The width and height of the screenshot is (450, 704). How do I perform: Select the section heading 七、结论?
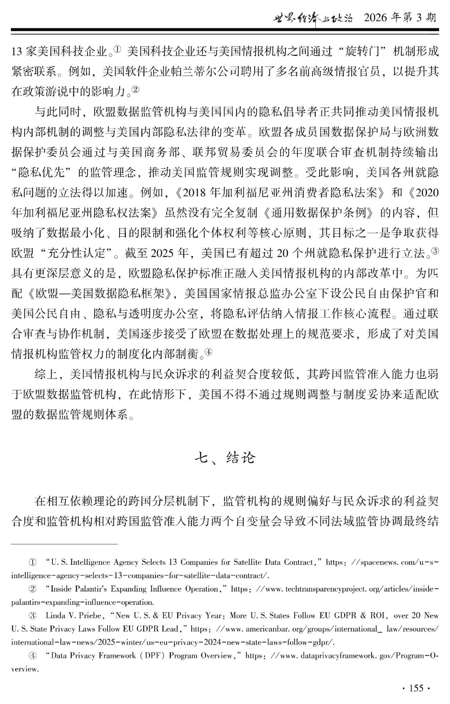click(x=225, y=458)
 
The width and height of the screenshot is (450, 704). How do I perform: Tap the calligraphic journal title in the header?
click(x=312, y=18)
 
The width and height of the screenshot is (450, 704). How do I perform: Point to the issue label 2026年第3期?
click(x=400, y=18)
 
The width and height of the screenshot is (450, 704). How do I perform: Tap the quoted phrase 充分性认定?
click(x=80, y=253)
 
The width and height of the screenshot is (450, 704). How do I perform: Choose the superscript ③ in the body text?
click(x=435, y=251)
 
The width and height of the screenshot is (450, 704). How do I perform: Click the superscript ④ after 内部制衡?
click(x=208, y=352)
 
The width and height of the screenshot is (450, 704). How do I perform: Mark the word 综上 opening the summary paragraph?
click(x=46, y=374)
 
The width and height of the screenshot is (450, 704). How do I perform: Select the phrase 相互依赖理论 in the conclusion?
click(x=92, y=501)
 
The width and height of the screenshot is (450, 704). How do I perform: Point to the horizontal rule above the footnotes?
click(x=65, y=544)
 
